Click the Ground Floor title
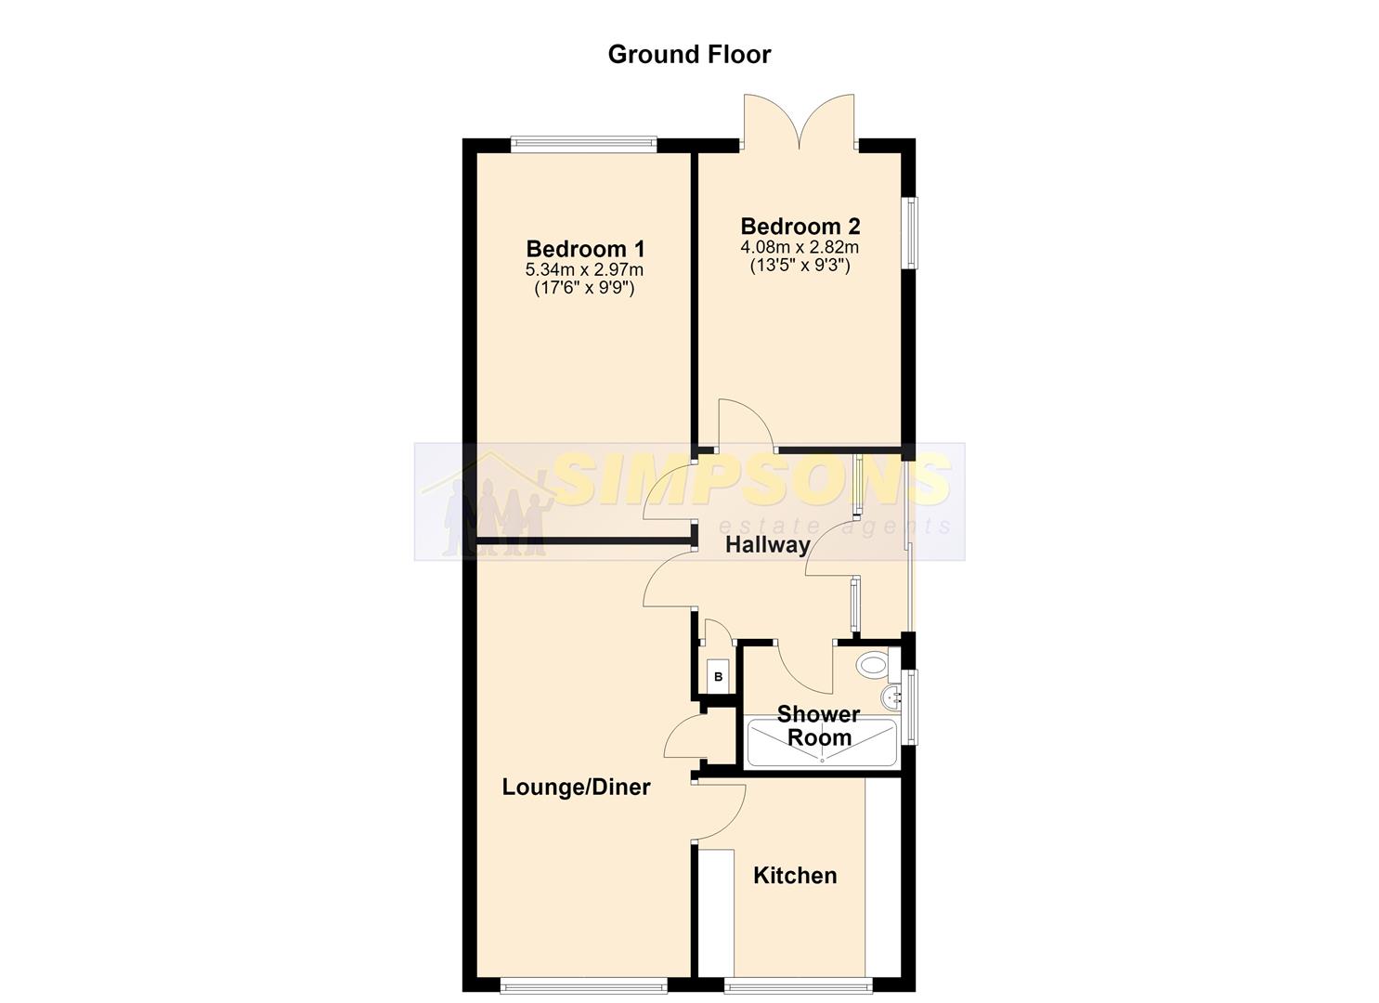point(689,55)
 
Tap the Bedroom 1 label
point(585,249)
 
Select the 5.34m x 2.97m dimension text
point(584,269)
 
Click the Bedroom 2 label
point(800,226)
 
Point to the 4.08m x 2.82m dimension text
point(800,248)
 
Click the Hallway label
point(767,545)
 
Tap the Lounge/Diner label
point(576,787)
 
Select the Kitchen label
point(795,876)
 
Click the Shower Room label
point(819,725)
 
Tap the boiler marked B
point(718,677)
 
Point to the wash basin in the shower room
point(891,697)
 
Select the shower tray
point(821,743)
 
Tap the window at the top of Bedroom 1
point(583,144)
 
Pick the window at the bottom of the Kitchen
point(799,985)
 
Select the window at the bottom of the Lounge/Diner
point(583,985)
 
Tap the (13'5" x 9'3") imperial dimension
point(800,266)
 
